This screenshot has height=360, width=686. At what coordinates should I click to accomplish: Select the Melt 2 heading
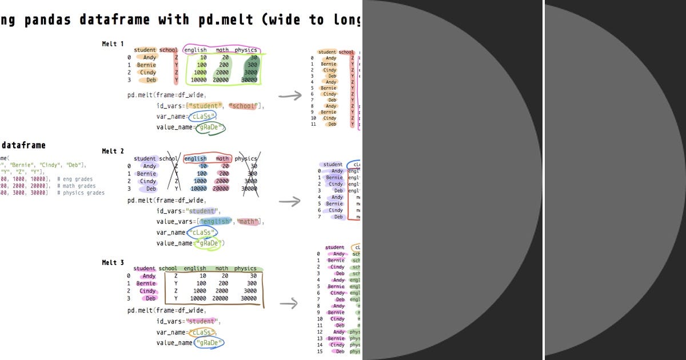[113, 151]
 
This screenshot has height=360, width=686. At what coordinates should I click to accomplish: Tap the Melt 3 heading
[113, 263]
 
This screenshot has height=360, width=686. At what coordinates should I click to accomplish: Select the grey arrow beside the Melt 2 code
[289, 201]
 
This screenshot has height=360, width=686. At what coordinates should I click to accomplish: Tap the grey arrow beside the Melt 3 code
[289, 304]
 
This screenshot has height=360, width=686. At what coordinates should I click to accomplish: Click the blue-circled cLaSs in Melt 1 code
[204, 117]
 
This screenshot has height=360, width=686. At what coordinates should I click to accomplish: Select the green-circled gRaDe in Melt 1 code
[209, 127]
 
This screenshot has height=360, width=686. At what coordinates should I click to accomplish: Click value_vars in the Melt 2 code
[175, 222]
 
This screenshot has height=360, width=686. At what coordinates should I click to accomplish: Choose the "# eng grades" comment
[75, 179]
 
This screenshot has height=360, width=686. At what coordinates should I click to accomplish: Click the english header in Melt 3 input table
[194, 269]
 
